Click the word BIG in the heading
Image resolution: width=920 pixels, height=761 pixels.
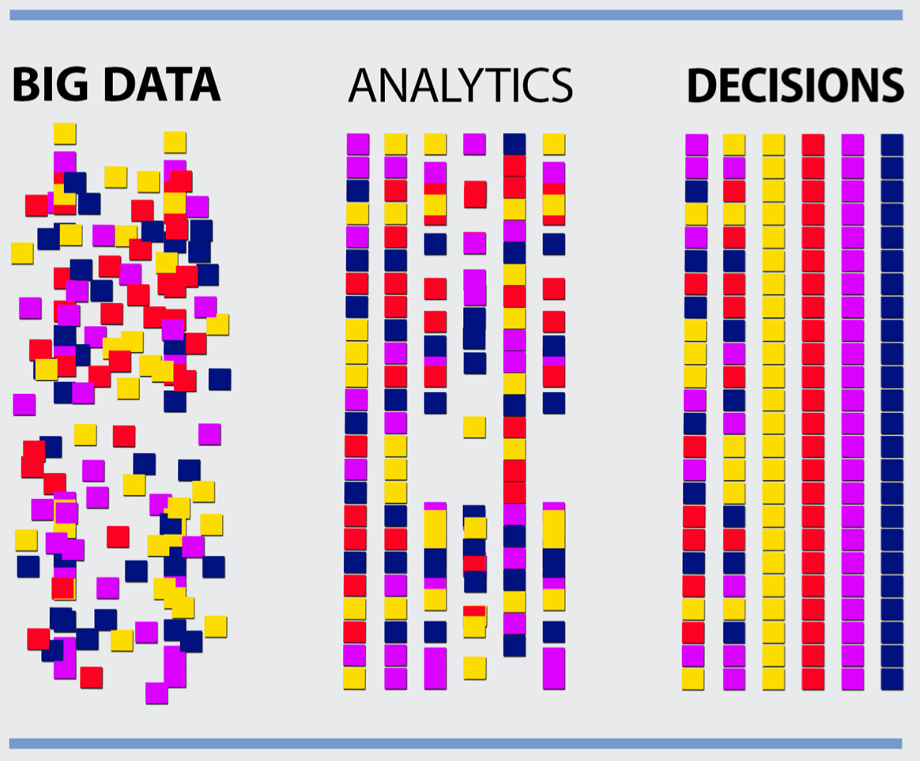click(50, 85)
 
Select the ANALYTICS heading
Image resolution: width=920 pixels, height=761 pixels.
click(460, 85)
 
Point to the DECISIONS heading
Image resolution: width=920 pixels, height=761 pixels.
click(795, 85)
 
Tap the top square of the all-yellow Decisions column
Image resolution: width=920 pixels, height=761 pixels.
click(774, 145)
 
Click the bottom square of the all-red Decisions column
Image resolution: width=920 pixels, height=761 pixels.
click(813, 679)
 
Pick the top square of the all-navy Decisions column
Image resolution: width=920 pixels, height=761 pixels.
click(892, 145)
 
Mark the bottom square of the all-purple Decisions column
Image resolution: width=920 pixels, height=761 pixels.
click(853, 679)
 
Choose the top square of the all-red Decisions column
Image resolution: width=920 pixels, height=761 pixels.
click(813, 145)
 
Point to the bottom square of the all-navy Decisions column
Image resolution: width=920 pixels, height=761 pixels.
click(892, 679)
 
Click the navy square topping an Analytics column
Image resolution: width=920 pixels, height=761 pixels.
click(515, 144)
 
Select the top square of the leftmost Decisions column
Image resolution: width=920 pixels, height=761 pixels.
click(696, 145)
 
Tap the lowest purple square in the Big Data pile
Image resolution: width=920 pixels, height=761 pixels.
click(156, 693)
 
